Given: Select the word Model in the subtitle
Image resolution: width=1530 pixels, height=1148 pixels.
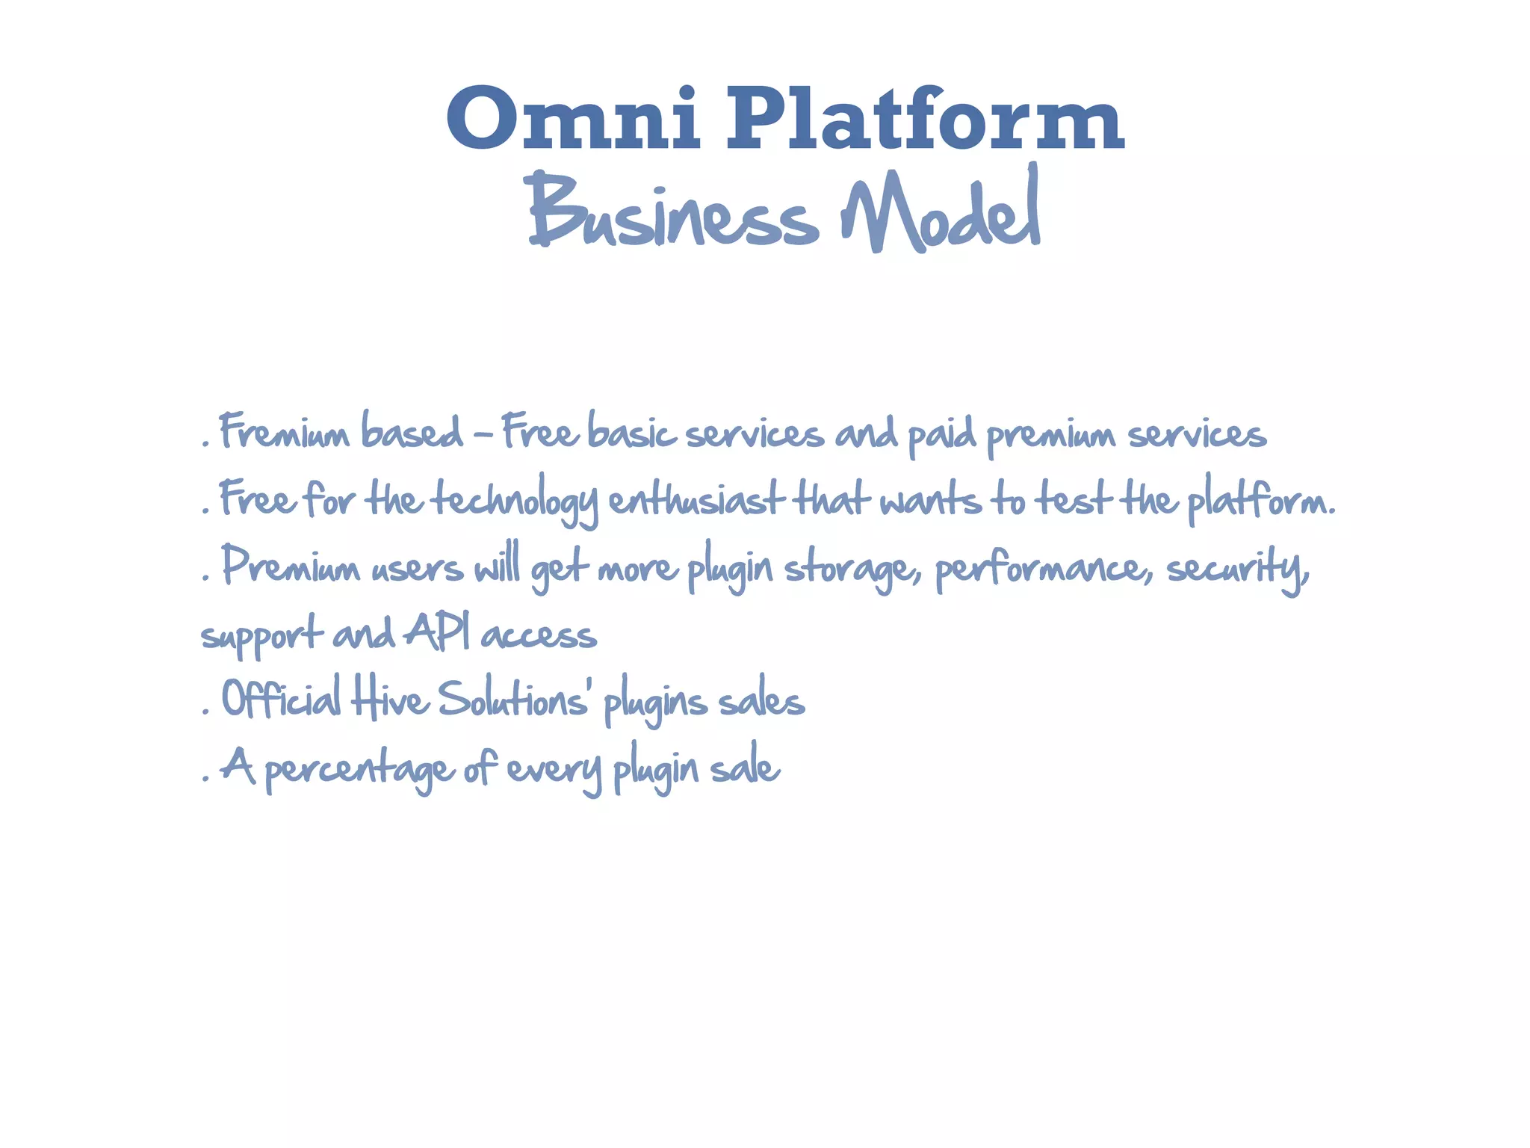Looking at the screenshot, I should coord(941,213).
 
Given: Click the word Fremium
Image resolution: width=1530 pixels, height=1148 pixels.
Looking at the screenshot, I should coord(285,433).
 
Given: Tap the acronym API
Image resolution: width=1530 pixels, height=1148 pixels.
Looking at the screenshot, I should coord(438,634).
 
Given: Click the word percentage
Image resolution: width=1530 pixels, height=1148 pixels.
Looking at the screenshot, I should coord(359,768).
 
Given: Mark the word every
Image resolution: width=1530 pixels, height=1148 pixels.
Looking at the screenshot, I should coord(554,768).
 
